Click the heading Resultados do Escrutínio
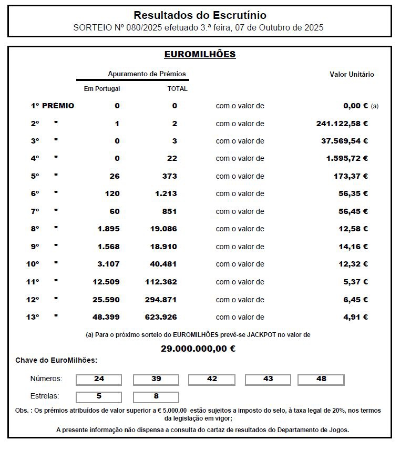coord(200,15)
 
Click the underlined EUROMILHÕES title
coord(200,54)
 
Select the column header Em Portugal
coord(102,89)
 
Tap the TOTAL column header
coord(177,89)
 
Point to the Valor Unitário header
coord(352,74)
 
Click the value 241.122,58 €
coord(339,124)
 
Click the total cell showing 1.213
coord(166,193)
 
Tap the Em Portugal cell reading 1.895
coord(108,229)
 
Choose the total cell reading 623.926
coord(161,317)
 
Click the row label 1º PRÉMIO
coord(52,106)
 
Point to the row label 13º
coord(33,317)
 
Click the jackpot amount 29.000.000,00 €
coord(198,348)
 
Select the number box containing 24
coord(99,379)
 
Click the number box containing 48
coord(321,379)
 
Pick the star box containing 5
coord(99,396)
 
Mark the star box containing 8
coord(156,396)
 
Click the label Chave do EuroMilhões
coord(56,360)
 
